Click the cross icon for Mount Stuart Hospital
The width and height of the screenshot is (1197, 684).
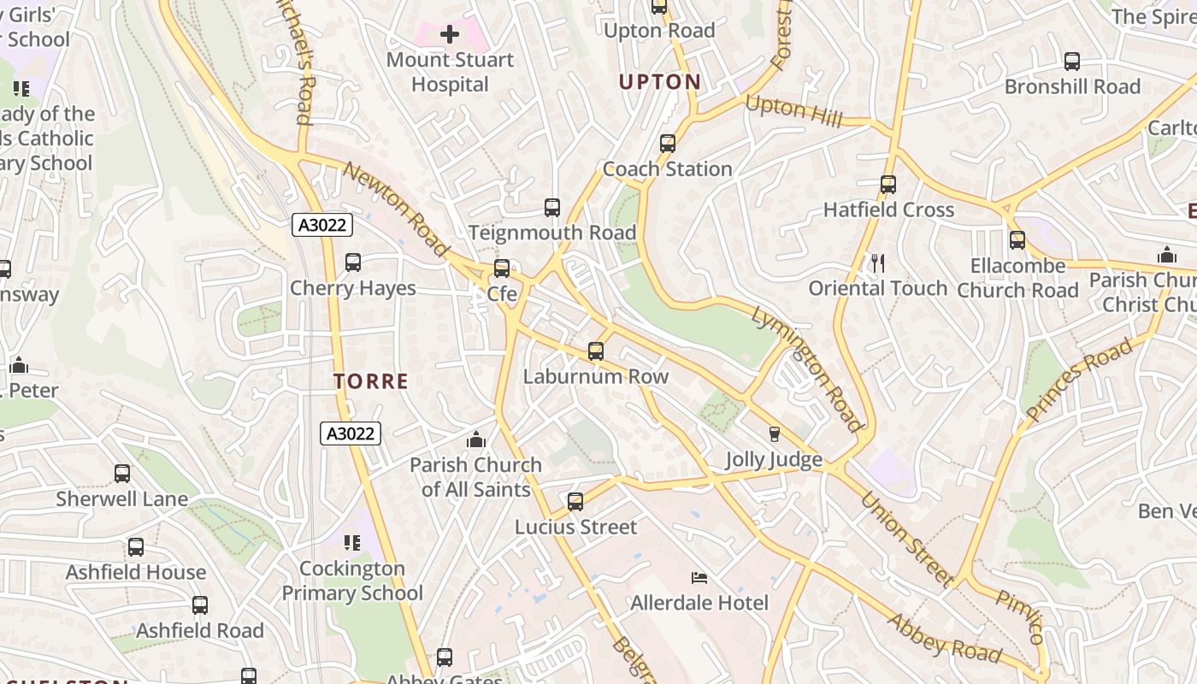(x=450, y=34)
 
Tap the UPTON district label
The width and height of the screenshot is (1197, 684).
(x=659, y=82)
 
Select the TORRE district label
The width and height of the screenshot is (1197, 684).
(x=371, y=381)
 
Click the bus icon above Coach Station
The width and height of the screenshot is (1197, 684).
(x=668, y=144)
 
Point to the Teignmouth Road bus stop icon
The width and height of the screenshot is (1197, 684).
(x=552, y=207)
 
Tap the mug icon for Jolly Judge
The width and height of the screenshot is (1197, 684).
(x=775, y=434)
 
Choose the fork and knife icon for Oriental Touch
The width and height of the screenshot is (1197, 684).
(x=877, y=262)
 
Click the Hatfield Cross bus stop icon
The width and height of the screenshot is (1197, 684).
(x=888, y=184)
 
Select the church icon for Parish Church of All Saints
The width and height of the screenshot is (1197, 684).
(x=476, y=440)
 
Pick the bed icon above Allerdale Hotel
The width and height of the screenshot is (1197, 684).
(x=699, y=578)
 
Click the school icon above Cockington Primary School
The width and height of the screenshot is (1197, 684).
(x=351, y=543)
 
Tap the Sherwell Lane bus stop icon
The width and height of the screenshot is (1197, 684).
(x=122, y=473)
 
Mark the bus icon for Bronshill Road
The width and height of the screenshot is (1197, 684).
(x=1072, y=62)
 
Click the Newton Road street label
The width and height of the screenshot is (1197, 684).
(x=397, y=209)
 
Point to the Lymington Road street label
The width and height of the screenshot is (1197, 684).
(x=807, y=368)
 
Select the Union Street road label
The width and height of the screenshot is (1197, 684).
(x=906, y=539)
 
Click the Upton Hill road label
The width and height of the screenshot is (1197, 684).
(x=793, y=111)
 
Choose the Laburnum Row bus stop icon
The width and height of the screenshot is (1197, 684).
(x=596, y=351)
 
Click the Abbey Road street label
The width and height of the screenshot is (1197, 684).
(x=945, y=638)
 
